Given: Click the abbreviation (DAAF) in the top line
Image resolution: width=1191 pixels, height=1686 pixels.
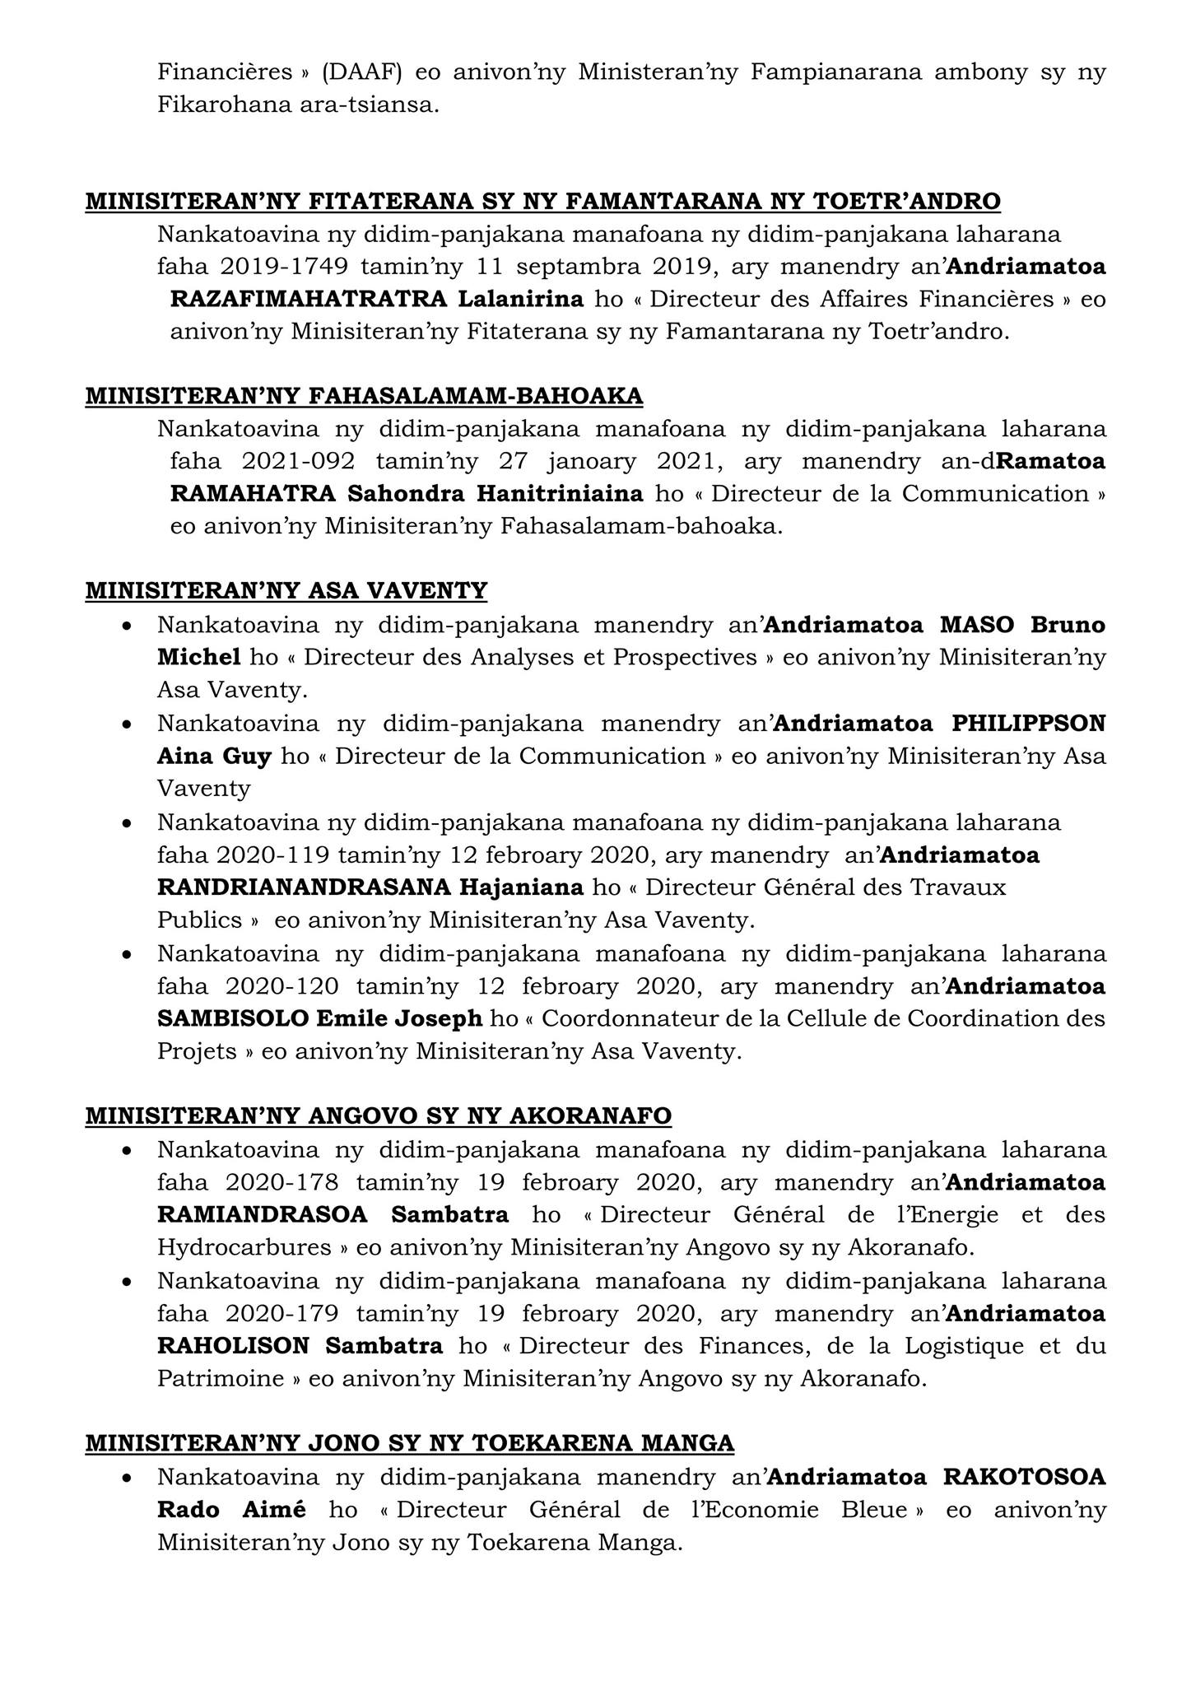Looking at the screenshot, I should tap(361, 72).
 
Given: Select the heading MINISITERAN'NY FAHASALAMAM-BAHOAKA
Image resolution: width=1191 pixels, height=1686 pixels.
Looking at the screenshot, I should tap(364, 396).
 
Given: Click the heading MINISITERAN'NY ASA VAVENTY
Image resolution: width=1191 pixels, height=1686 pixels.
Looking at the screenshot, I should tap(286, 590).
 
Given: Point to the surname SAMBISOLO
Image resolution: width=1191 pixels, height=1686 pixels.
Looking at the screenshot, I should tap(232, 1018).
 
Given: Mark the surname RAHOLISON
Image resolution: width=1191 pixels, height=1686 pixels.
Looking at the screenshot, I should tap(234, 1346).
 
